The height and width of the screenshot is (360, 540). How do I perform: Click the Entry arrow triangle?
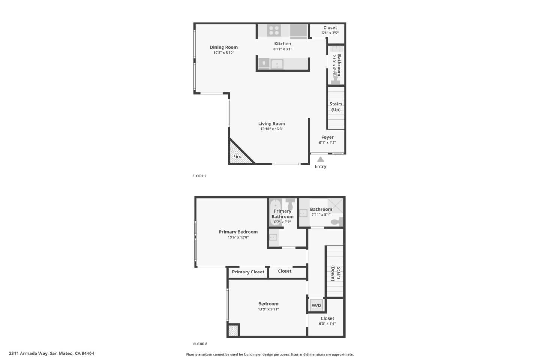pyautogui.click(x=321, y=159)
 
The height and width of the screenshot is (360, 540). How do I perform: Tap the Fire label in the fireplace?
pyautogui.click(x=237, y=157)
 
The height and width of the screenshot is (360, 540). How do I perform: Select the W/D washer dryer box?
pyautogui.click(x=316, y=305)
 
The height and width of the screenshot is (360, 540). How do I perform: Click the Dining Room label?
pyautogui.click(x=223, y=47)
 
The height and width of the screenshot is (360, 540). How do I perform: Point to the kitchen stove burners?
pyautogui.click(x=274, y=30)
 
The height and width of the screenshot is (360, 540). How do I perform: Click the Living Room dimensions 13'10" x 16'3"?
pyautogui.click(x=271, y=129)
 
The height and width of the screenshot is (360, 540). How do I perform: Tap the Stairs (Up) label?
pyautogui.click(x=336, y=107)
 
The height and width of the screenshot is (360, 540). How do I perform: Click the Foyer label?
pyautogui.click(x=327, y=137)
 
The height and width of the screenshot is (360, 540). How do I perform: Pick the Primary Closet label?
pyautogui.click(x=248, y=272)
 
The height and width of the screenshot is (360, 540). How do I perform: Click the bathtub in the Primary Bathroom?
pyautogui.click(x=275, y=213)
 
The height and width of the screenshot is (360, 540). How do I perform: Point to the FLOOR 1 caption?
pyautogui.click(x=199, y=176)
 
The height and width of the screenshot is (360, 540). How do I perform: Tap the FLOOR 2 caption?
pyautogui.click(x=200, y=344)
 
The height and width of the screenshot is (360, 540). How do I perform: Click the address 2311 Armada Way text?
pyautogui.click(x=51, y=353)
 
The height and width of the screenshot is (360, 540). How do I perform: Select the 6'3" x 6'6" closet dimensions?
pyautogui.click(x=327, y=324)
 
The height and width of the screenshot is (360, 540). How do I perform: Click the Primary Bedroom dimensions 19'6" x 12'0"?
pyautogui.click(x=238, y=237)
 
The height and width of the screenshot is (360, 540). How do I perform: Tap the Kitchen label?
pyautogui.click(x=282, y=44)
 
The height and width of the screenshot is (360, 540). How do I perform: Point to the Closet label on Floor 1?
pyautogui.click(x=330, y=28)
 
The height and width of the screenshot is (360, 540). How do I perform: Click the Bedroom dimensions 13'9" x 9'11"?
pyautogui.click(x=268, y=309)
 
